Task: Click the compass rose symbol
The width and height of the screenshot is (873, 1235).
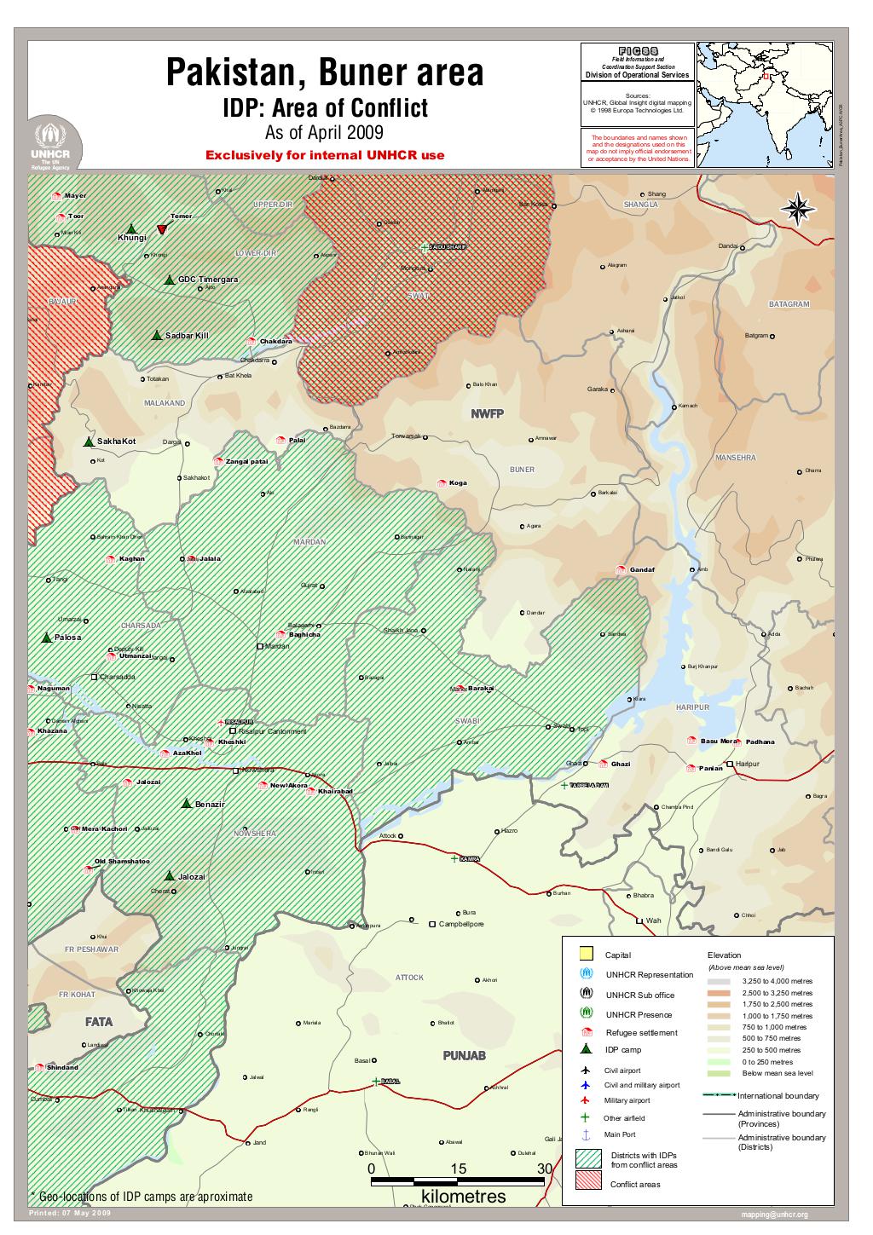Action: coord(798,209)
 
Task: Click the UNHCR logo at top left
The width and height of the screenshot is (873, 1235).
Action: coord(55,145)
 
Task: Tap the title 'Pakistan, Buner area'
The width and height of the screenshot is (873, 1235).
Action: coord(324,74)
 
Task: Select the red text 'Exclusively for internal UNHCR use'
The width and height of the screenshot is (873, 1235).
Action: coord(325,156)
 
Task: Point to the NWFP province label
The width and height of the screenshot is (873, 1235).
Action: coord(488,413)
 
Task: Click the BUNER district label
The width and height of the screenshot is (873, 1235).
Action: coord(522,470)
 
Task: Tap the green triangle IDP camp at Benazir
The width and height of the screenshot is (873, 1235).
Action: coord(187,803)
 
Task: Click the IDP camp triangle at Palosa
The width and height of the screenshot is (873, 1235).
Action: coord(46,637)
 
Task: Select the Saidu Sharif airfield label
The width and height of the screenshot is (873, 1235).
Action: coord(447,247)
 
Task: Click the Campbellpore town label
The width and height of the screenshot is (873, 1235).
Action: coord(460,924)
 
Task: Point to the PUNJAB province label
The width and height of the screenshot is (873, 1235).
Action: coord(464,1056)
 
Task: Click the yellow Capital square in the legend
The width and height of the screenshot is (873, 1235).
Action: coord(586,954)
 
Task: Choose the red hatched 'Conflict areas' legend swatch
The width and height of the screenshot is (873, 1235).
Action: coord(587,1180)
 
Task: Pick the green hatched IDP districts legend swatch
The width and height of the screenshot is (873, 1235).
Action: coord(587,1158)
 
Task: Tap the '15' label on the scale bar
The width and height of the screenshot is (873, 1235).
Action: coord(458,1169)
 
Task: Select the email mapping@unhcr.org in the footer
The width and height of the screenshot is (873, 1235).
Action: coord(774,1215)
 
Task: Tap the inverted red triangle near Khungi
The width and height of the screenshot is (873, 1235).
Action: coord(161,229)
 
